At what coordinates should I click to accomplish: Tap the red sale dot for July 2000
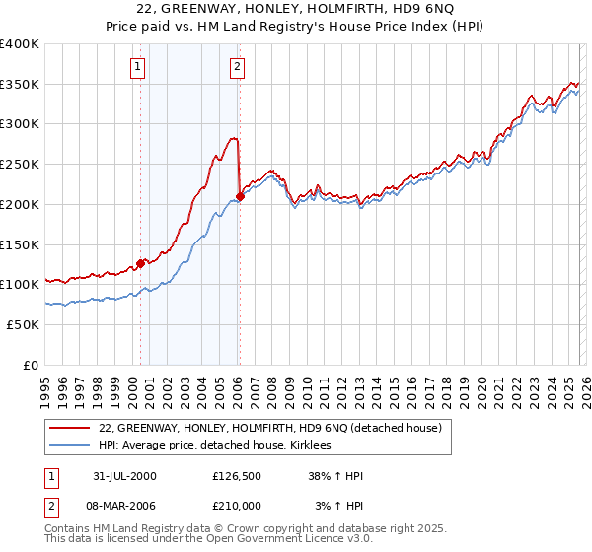(x=140, y=262)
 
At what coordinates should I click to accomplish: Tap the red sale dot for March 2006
(x=240, y=196)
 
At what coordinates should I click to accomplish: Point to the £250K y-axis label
(x=19, y=165)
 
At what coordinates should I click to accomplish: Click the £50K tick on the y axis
(x=23, y=324)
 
